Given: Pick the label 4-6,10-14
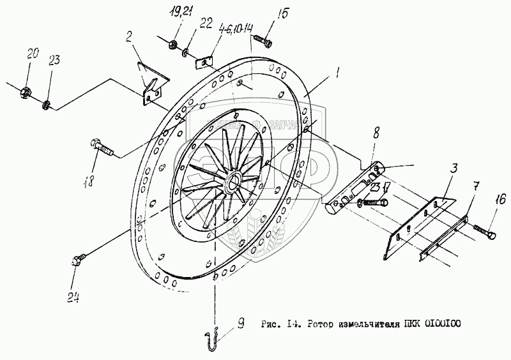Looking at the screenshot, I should (234, 29).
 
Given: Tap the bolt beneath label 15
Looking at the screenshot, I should (263, 41).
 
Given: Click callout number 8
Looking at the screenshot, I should (375, 134).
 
